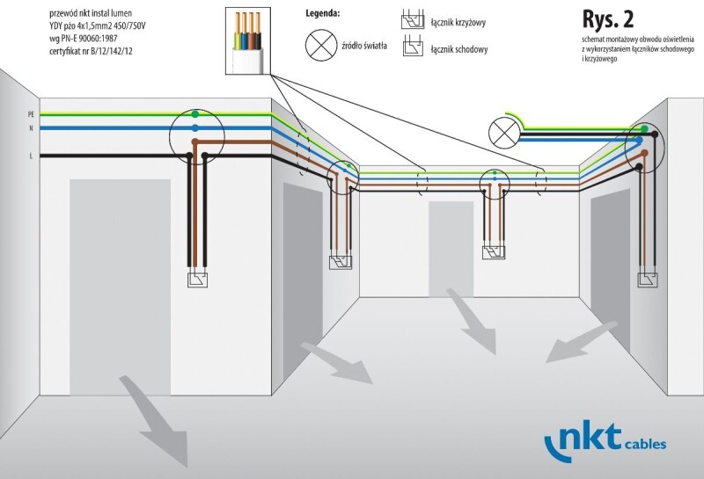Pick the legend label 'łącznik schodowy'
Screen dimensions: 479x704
pos(460,49)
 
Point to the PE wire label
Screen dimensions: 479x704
pos(30,114)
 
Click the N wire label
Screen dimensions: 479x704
pos(30,128)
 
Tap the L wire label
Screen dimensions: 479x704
pos(31,156)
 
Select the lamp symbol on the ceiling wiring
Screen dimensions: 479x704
pos(502,132)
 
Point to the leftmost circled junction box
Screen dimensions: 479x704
pos(197,136)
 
